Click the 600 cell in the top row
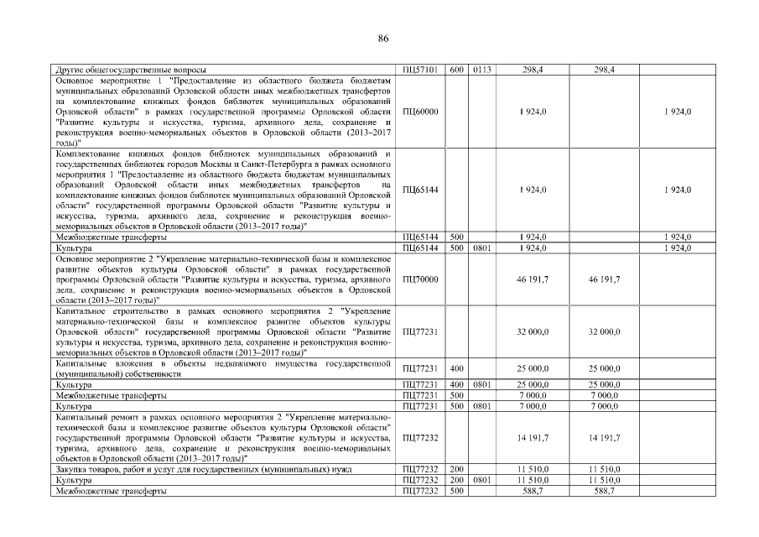point(457,70)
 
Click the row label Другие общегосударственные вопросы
point(130,70)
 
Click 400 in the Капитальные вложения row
point(457,368)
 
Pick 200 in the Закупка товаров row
point(457,470)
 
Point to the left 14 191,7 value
point(533,437)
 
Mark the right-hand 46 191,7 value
point(604,279)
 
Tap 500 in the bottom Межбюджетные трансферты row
point(457,491)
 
